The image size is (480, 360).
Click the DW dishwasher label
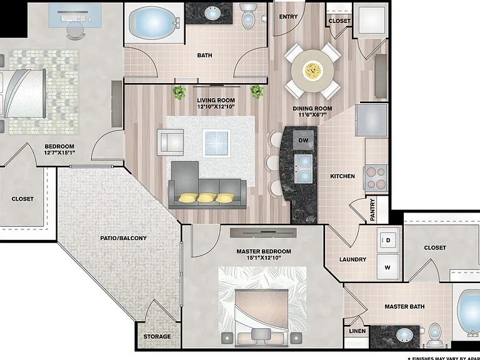[303, 140]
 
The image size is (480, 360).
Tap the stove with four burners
[376, 178]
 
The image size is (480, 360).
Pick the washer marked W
[388, 267]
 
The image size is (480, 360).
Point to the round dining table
[312, 71]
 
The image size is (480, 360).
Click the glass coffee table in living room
[216, 143]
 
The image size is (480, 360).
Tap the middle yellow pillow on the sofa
[206, 198]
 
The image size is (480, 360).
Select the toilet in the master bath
[434, 334]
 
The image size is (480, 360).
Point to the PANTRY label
[372, 210]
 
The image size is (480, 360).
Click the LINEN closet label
[357, 331]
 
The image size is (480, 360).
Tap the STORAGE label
[157, 336]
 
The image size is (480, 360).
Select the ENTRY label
[288, 17]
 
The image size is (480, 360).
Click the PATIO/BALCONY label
[123, 238]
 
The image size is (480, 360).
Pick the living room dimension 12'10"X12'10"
[216, 107]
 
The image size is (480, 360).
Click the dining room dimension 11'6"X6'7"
[312, 115]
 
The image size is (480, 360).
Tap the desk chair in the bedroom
[75, 31]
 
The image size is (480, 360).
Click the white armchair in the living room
[171, 142]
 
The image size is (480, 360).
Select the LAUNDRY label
[352, 259]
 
